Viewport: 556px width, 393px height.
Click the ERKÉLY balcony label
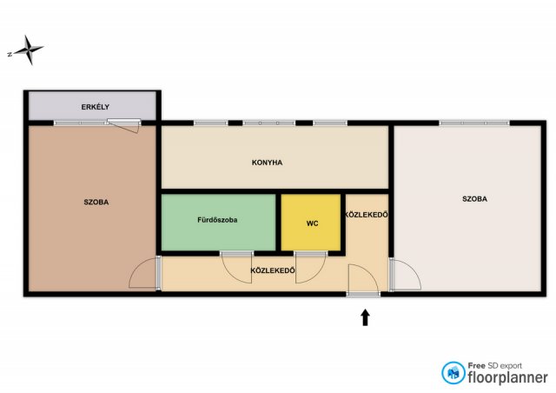point(95,107)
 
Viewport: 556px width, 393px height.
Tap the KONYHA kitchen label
point(267,163)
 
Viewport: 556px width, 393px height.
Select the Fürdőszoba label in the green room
point(217,220)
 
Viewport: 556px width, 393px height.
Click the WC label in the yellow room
point(312,223)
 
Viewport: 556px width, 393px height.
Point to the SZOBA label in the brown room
point(96,202)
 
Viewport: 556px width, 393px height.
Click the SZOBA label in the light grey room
point(475,199)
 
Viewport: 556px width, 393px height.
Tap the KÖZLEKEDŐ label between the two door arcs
point(273,270)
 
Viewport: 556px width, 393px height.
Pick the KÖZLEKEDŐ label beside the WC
point(367,215)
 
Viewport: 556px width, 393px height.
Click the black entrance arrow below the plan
point(365,317)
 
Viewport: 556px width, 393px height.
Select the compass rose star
point(30,50)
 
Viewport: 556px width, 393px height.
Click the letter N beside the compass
point(10,54)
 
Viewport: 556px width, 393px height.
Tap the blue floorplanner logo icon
point(453,373)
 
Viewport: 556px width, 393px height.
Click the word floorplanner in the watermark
point(507,377)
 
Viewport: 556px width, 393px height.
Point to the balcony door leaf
point(123,126)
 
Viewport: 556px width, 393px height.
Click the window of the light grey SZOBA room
point(474,123)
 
